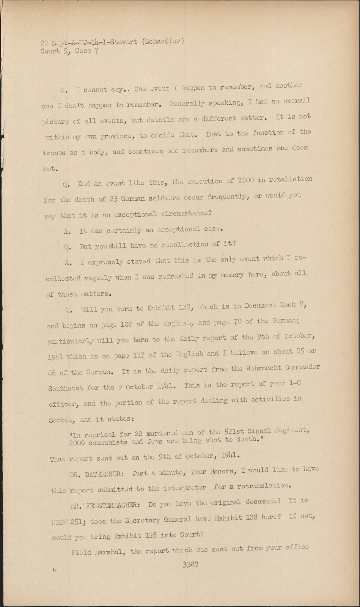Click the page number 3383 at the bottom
click(190, 564)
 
